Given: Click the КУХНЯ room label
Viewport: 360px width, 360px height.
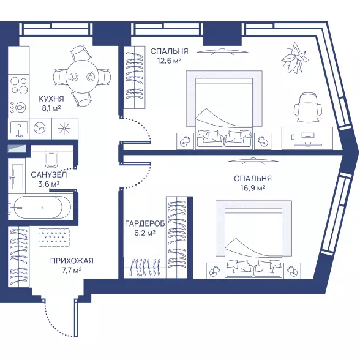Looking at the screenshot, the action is point(51,99).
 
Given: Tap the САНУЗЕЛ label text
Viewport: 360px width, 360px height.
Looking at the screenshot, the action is point(49,175).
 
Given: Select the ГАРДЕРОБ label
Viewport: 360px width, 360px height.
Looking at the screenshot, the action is point(145,223).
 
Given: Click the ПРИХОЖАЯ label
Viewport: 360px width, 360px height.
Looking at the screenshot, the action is point(72,261).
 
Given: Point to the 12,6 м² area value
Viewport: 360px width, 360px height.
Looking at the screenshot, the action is point(169,61).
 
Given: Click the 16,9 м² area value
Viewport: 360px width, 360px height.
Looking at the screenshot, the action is point(253,188).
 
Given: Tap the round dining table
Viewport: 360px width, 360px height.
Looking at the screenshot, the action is point(82,77).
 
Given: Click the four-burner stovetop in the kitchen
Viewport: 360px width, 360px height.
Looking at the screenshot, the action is point(19,85).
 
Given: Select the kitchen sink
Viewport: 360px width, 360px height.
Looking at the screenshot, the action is point(19,129).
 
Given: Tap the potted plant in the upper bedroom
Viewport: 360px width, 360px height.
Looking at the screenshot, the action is point(294,58).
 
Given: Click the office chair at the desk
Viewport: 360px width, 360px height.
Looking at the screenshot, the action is point(308,108).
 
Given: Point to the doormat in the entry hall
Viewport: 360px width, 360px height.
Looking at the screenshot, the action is point(54,238).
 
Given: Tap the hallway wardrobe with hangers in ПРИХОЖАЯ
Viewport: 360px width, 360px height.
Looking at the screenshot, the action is point(19,257).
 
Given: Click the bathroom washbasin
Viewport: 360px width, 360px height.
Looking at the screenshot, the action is point(16,176).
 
